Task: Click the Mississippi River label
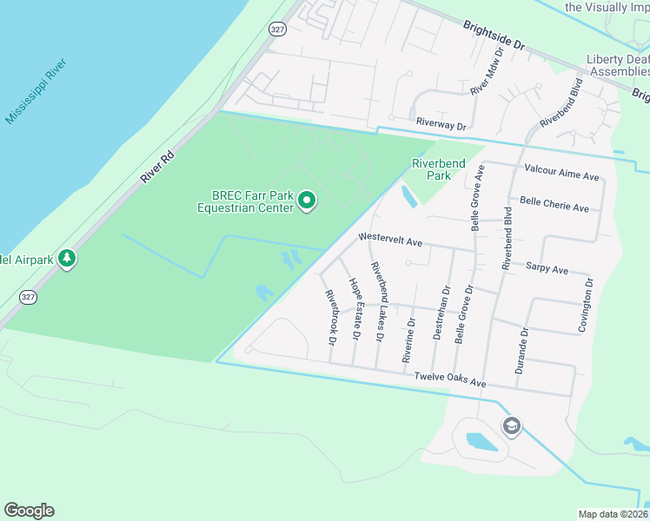tap(36, 92)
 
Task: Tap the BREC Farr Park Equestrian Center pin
tap(306, 201)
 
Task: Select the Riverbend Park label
tap(438, 168)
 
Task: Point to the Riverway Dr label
tap(441, 125)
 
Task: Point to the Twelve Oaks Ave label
tap(449, 379)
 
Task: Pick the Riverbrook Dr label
tap(330, 313)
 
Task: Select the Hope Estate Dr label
tap(355, 308)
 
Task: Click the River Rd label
tap(157, 166)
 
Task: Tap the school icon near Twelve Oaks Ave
tap(512, 425)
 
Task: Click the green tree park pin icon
tap(67, 259)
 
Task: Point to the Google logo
tap(29, 511)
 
